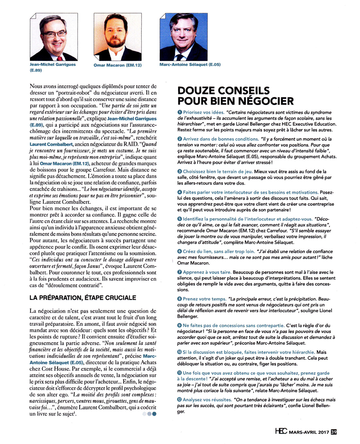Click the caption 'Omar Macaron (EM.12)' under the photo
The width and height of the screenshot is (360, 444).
(x=117, y=65)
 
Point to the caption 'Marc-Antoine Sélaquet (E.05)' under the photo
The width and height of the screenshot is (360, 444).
(x=184, y=64)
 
